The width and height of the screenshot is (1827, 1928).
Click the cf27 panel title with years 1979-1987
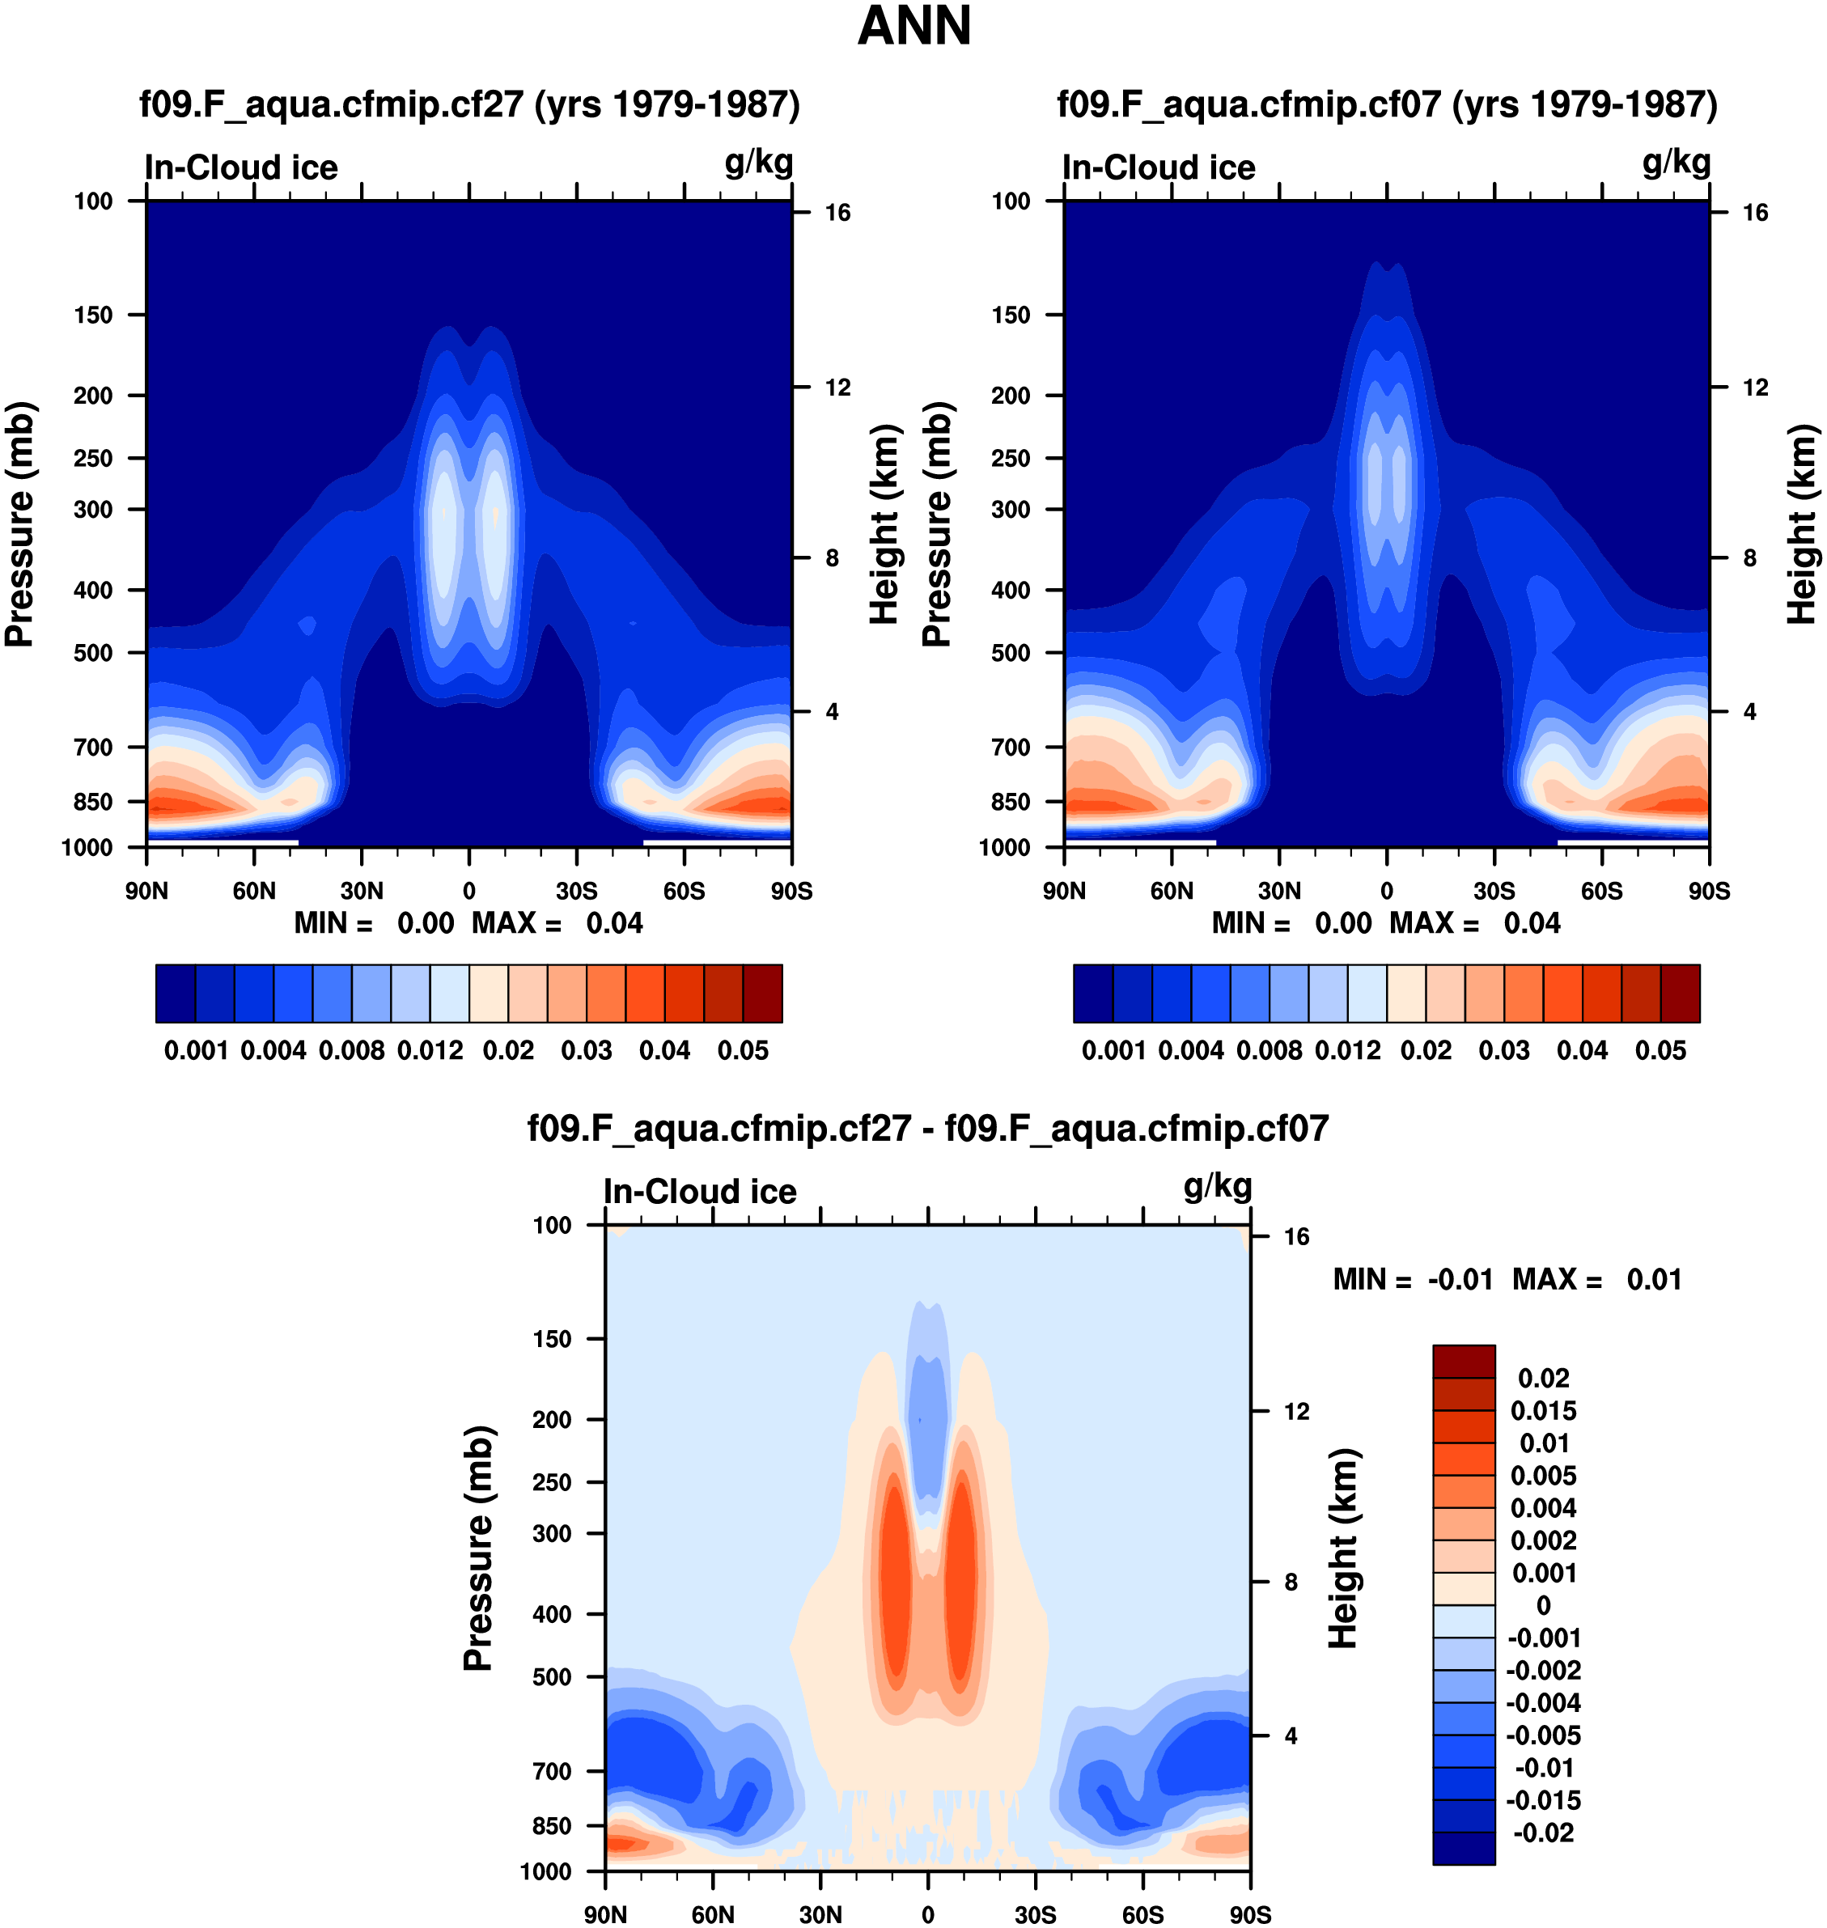(469, 104)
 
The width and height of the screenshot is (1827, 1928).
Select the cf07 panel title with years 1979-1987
(1387, 104)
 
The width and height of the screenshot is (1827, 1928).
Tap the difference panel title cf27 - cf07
(927, 1129)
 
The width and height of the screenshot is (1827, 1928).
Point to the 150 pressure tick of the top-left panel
(94, 316)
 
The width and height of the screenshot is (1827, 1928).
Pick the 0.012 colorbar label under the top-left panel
(430, 1051)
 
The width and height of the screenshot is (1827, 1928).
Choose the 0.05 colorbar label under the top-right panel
(1660, 1051)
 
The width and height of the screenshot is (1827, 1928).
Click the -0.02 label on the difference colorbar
(1544, 1833)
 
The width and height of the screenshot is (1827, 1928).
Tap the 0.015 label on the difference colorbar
(1544, 1411)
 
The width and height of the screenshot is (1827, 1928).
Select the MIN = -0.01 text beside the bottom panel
(1412, 1279)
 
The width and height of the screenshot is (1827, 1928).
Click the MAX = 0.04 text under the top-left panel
(557, 923)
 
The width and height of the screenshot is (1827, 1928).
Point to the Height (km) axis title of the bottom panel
(1344, 1549)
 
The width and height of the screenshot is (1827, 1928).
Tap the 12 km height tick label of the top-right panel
(1755, 388)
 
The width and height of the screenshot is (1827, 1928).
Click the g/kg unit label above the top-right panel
(1676, 163)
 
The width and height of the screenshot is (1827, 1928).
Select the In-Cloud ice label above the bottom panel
(699, 1192)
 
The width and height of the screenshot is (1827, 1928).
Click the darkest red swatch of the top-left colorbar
(762, 994)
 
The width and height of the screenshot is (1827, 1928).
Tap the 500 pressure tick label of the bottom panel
(552, 1676)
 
